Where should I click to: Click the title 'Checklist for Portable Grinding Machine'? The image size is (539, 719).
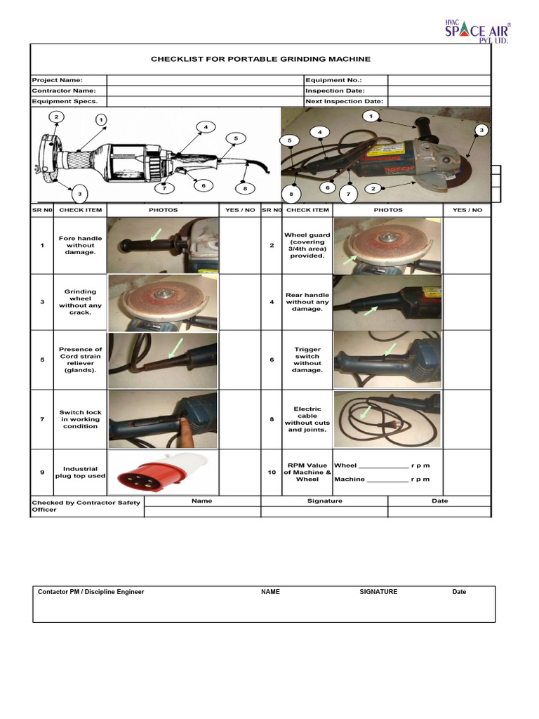260,59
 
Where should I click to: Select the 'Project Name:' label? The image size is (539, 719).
58,80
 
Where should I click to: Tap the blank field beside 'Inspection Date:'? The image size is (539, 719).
439,91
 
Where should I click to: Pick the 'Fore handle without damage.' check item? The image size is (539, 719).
80,245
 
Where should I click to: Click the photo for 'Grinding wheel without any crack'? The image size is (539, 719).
163,303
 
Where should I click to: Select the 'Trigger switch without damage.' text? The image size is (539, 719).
307,359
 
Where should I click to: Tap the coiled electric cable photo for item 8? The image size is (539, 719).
387,419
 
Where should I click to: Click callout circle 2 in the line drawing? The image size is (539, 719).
56,117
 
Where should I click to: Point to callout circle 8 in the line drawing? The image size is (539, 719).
244,188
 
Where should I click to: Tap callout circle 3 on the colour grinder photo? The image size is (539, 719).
481,131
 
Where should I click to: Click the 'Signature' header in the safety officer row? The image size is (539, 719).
324,501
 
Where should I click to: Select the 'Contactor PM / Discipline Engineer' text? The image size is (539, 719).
91,592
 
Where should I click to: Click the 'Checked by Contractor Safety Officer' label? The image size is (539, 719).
86,506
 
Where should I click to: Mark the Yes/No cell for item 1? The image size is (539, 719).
240,245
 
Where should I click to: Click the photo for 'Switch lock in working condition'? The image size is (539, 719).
163,419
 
